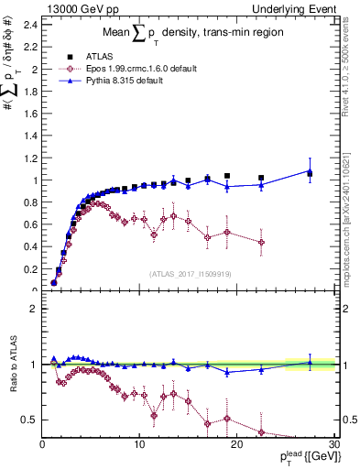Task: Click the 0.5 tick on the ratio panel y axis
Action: (29, 420)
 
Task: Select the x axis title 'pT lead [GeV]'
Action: (306, 457)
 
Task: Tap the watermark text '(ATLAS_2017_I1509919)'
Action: (191, 274)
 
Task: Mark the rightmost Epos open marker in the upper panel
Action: (262, 243)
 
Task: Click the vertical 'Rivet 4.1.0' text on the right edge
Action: (352, 73)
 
